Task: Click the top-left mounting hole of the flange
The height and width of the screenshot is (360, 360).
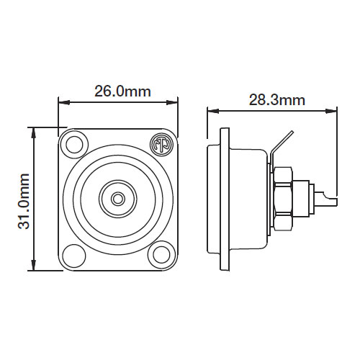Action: [72, 143]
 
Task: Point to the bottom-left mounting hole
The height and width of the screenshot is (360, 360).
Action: [72, 254]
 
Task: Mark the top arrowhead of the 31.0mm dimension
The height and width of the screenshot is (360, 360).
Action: [33, 132]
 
